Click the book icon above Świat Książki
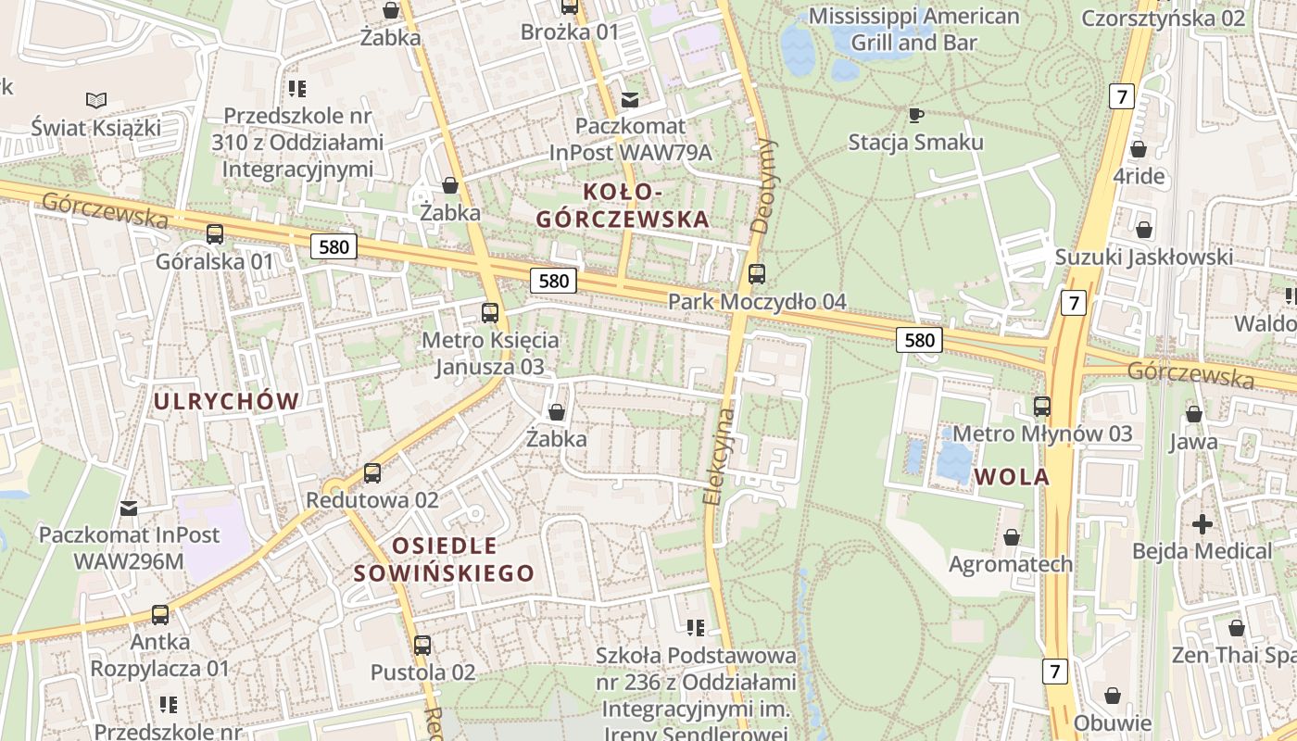(x=95, y=100)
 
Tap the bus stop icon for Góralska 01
(x=215, y=234)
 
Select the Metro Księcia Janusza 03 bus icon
(x=490, y=313)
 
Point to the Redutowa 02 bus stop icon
(x=372, y=473)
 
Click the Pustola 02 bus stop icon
(x=422, y=646)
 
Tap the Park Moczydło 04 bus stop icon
(x=757, y=274)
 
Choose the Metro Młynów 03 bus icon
(x=1042, y=407)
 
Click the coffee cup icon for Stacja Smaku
(x=915, y=115)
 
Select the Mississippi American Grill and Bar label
(x=913, y=30)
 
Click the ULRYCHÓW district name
(x=227, y=401)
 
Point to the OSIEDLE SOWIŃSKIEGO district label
(x=444, y=559)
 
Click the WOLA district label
(x=1012, y=477)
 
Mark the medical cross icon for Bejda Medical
(x=1203, y=524)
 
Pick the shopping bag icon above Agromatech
(x=1012, y=537)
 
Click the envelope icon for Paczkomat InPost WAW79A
(x=630, y=99)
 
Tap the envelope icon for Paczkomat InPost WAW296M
(x=129, y=508)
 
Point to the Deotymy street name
(x=765, y=185)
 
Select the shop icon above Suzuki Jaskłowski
(x=1144, y=230)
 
